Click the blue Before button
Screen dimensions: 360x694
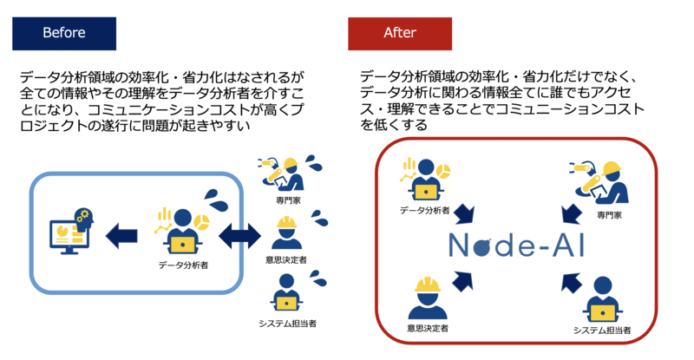pos(64,34)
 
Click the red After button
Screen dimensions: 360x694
pos(400,34)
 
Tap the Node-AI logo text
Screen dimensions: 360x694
pos(517,245)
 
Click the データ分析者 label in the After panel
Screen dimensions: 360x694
pos(424,210)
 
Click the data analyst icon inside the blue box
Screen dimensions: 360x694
pos(181,231)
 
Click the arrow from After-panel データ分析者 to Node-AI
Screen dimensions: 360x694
pos(465,213)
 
